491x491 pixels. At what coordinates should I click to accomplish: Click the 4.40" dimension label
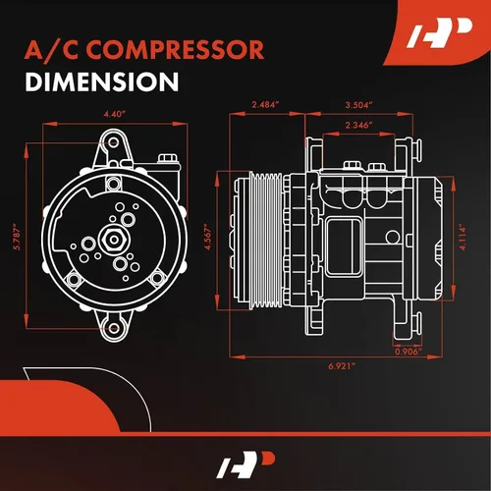[x=115, y=114]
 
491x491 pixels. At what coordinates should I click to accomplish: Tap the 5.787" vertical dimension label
[x=17, y=237]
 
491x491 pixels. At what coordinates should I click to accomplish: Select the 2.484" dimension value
[x=265, y=105]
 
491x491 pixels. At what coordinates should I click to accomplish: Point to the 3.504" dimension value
[x=359, y=105]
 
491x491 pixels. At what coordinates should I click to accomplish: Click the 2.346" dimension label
[x=358, y=125]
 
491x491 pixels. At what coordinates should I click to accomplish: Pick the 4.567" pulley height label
[x=208, y=237]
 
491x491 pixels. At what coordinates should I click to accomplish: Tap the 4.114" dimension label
[x=463, y=237]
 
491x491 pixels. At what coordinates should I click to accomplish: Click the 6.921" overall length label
[x=342, y=366]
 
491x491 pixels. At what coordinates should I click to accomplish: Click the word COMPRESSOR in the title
[x=175, y=50]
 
